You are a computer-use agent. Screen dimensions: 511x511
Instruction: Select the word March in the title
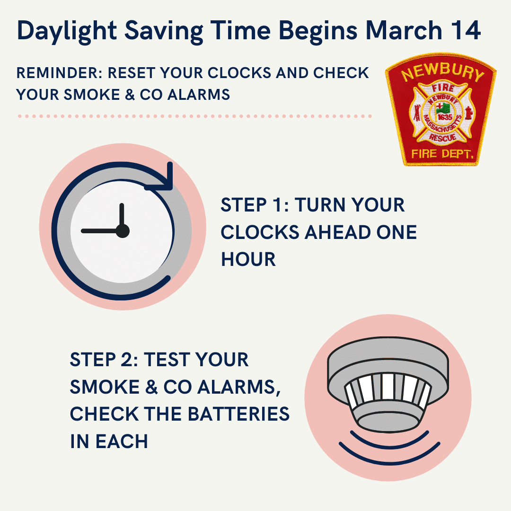(x=404, y=30)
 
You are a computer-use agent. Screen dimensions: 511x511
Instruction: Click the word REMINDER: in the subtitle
(x=60, y=73)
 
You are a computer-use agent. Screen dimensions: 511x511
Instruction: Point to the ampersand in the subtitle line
(x=130, y=95)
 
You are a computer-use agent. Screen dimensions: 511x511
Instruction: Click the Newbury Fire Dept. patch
(x=441, y=109)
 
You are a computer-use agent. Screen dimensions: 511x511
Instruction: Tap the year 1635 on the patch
(x=444, y=117)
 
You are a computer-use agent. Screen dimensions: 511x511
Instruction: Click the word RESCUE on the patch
(x=442, y=138)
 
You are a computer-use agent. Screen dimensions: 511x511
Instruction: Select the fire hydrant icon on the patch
(x=468, y=113)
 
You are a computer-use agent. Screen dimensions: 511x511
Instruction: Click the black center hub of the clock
(x=123, y=231)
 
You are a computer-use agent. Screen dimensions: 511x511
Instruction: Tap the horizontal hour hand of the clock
(x=100, y=231)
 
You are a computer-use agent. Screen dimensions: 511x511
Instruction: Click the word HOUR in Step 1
(x=248, y=259)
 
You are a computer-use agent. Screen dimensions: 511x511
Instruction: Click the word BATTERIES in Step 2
(x=239, y=414)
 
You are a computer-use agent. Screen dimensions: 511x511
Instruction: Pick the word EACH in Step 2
(x=122, y=441)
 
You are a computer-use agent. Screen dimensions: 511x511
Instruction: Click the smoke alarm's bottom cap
(x=388, y=421)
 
